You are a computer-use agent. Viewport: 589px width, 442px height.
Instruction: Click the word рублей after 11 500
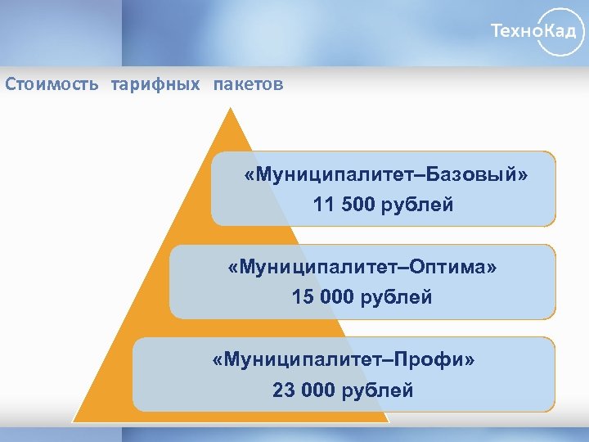416,205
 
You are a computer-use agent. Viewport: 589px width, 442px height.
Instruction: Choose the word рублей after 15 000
395,297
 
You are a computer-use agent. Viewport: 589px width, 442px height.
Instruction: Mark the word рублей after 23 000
376,390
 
